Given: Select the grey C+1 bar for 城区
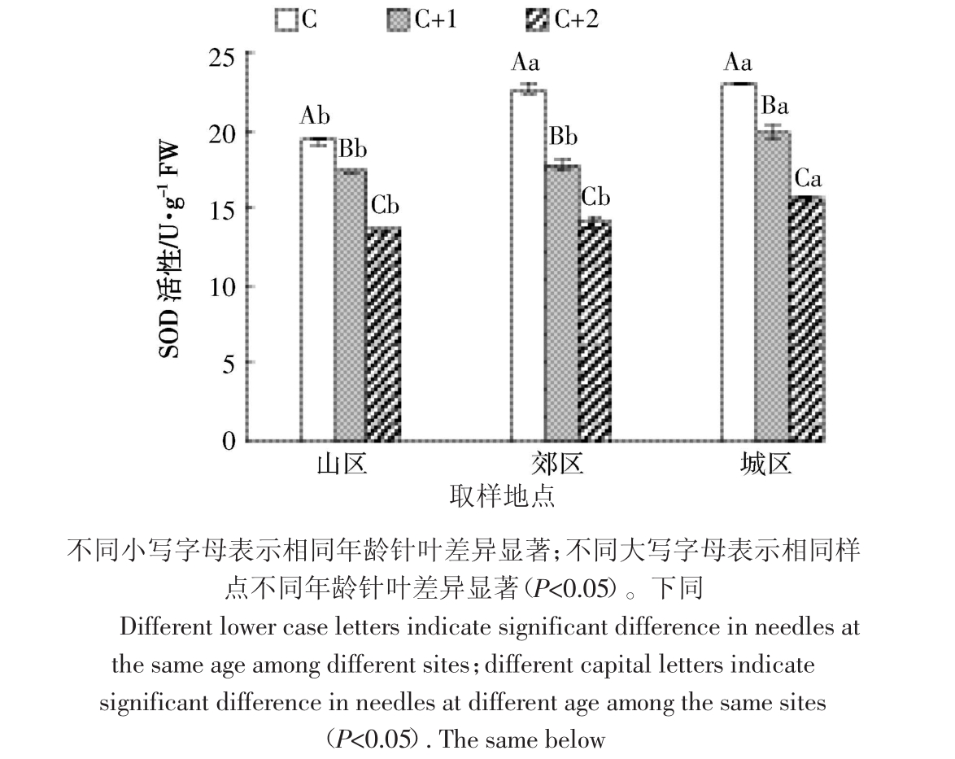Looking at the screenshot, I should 773,286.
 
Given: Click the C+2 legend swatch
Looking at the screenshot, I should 540,20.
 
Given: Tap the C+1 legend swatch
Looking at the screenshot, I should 399,20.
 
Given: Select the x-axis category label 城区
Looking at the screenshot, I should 765,465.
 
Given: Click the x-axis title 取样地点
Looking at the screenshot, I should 502,495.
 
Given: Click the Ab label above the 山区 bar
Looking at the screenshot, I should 316,117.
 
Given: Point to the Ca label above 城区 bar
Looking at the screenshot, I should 808,178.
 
